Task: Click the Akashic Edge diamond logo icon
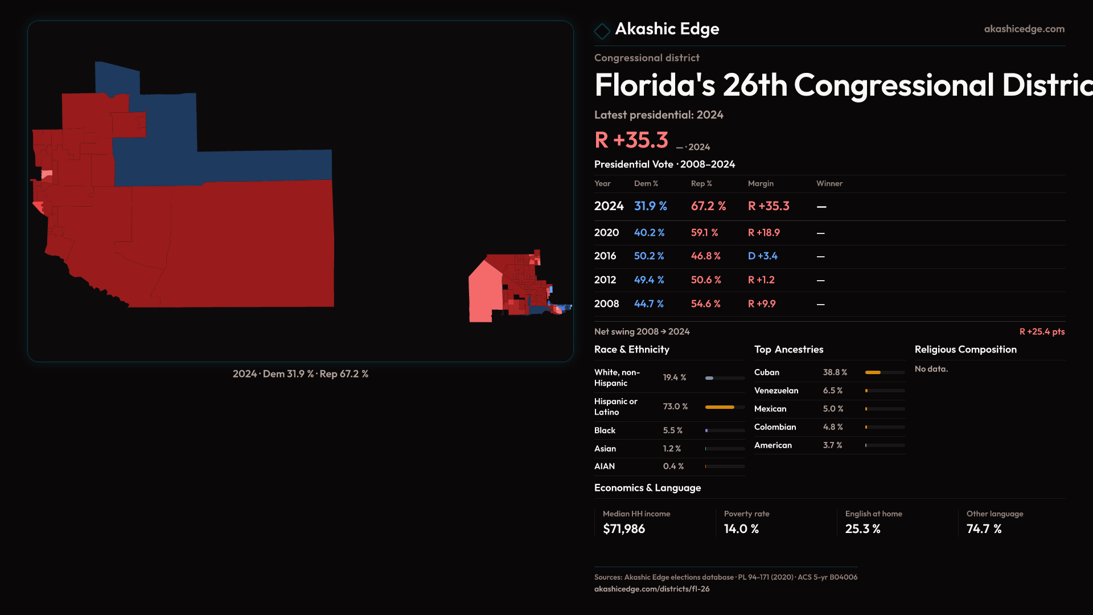[602, 31]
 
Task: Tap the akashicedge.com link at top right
[1024, 29]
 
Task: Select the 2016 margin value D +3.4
[762, 256]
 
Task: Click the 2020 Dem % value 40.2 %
[649, 233]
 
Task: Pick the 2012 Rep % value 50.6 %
[705, 280]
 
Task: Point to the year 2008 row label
[606, 304]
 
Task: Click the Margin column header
[761, 183]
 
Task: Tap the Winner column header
[829, 183]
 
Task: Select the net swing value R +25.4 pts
[1042, 331]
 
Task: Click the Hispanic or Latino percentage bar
[725, 407]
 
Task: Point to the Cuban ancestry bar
[885, 372]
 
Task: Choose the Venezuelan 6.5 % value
[832, 391]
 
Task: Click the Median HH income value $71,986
[624, 529]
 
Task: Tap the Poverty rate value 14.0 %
[741, 529]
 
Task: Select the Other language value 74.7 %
[984, 529]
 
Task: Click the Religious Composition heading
[965, 350]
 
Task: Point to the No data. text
[931, 369]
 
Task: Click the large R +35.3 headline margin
[631, 140]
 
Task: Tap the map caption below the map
[301, 374]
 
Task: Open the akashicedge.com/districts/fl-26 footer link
[652, 589]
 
